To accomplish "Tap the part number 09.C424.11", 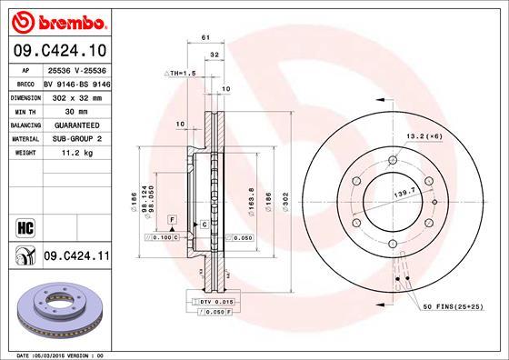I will pos(77,258).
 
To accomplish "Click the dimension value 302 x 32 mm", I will pos(77,95).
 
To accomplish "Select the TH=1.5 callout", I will pos(180,73).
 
